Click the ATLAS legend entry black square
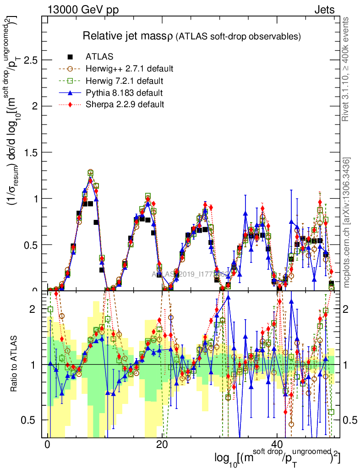point(70,57)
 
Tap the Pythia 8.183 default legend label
point(124,93)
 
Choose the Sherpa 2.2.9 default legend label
point(125,104)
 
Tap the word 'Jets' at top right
point(324,10)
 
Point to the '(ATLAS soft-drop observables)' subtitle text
point(238,36)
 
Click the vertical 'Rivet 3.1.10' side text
point(346,69)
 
